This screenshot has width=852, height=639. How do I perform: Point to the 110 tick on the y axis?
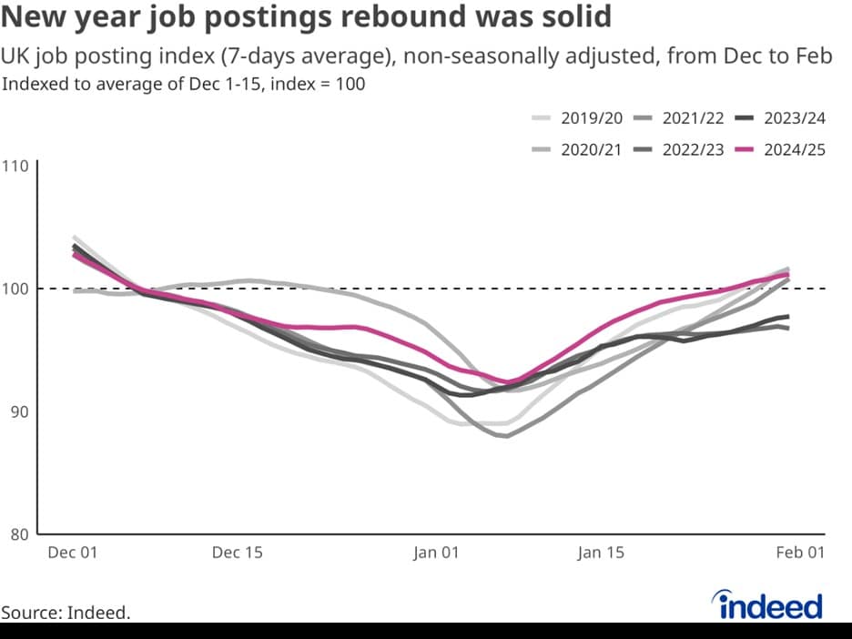tap(17, 167)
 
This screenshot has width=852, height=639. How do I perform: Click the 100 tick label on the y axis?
tap(17, 289)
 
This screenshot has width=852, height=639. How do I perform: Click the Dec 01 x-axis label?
tap(72, 553)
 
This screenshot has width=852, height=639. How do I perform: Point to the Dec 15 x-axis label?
tap(237, 553)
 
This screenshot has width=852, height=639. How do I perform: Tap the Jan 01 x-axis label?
tap(436, 553)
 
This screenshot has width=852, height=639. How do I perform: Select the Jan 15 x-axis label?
tap(601, 553)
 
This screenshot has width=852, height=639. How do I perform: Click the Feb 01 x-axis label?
tap(800, 553)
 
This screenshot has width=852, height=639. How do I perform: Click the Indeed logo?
tap(769, 605)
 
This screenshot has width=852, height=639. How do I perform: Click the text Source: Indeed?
tap(66, 613)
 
